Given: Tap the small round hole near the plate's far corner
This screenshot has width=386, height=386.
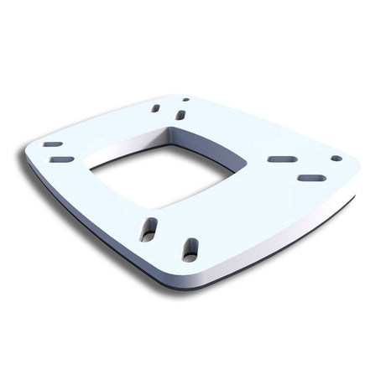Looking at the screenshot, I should point(185,100).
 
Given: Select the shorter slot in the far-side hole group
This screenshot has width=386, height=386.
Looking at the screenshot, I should point(156,108).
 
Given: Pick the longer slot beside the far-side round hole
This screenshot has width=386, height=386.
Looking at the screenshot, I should point(180,114).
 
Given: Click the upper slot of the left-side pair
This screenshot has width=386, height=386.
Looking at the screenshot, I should point(53,144).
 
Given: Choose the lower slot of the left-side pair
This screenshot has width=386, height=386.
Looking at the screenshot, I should point(61,159).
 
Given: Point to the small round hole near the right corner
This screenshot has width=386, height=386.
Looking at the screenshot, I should point(336,158).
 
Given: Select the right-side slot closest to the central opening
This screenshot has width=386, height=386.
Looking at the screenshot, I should point(282,159).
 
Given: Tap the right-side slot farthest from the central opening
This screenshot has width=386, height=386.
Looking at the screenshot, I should point(311,178).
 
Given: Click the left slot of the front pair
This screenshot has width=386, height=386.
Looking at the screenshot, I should point(149,228).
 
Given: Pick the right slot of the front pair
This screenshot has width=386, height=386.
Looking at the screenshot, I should point(190,249).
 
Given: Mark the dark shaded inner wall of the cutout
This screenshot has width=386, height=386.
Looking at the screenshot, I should point(126,149).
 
